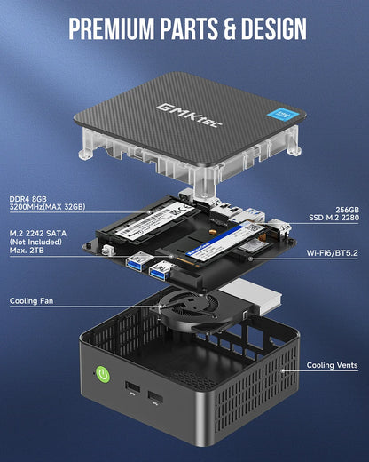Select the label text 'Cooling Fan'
click(36, 301)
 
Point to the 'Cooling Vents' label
click(333, 365)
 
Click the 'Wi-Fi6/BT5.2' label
click(331, 253)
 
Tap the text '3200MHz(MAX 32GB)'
click(47, 207)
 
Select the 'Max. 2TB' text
click(28, 252)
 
